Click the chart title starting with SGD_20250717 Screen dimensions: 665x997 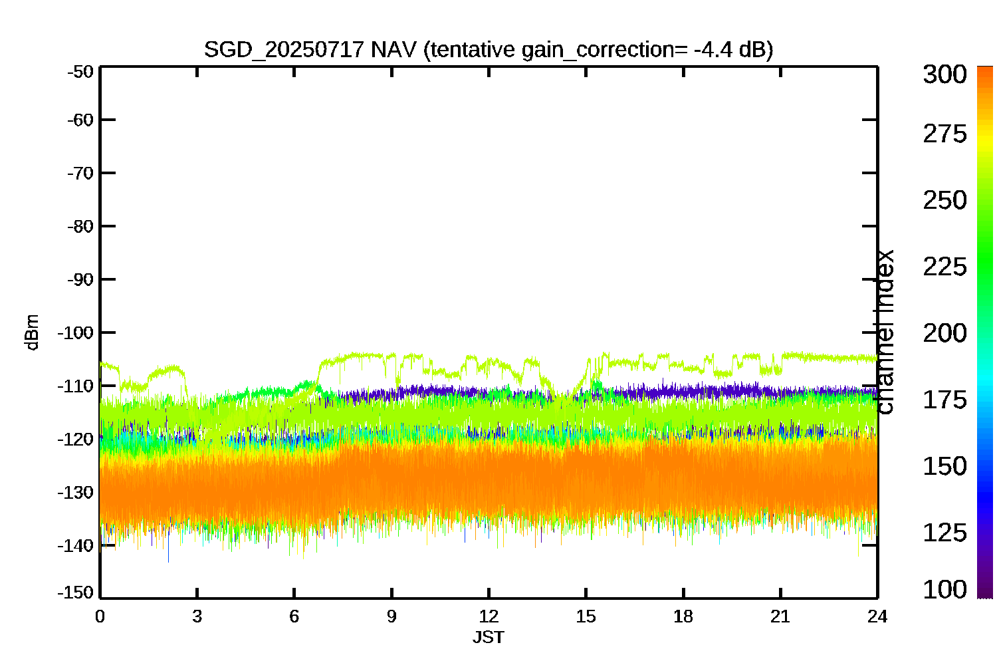coord(488,49)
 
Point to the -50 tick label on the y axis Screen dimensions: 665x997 coord(80,71)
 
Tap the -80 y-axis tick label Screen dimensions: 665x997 coord(80,226)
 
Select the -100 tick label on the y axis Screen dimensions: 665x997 coord(77,332)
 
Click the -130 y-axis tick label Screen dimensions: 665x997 coord(77,493)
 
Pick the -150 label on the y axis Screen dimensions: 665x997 coord(77,592)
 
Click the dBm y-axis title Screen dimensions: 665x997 coord(32,332)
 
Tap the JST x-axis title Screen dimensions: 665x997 coord(489,638)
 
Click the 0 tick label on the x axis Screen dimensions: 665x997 coord(100,616)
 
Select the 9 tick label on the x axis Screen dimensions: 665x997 coord(391,616)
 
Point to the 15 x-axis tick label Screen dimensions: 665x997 coord(586,616)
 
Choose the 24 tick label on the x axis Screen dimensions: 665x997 coord(877,616)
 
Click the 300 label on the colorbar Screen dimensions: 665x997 coord(944,74)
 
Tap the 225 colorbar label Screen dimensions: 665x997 coord(944,267)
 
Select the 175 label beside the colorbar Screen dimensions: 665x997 coord(944,400)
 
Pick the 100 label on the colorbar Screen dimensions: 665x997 coord(944,589)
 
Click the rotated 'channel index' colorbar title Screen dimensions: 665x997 coord(885,332)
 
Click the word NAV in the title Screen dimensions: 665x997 coord(393,49)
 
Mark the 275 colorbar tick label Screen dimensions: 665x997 coord(944,134)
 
